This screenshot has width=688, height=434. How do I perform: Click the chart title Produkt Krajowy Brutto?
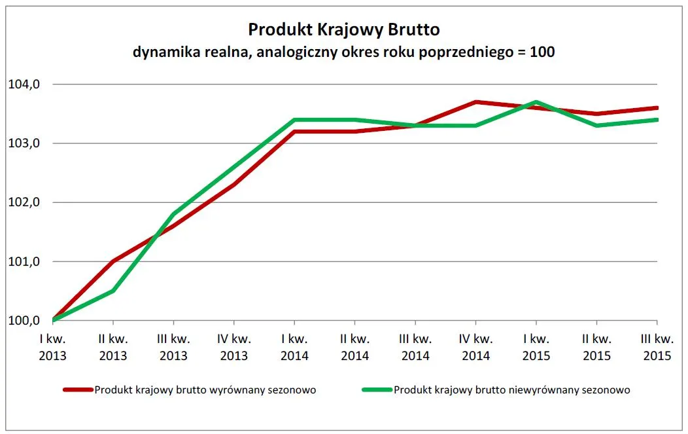(343, 29)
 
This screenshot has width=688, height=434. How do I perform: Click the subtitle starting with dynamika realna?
(343, 52)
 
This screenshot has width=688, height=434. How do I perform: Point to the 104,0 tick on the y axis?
(24, 84)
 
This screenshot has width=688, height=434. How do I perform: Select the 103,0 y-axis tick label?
(24, 143)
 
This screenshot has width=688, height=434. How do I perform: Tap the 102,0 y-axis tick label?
(24, 202)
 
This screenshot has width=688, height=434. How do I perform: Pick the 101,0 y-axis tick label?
(24, 262)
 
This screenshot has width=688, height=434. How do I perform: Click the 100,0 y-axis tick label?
(24, 321)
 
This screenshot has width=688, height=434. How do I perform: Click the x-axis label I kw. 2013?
(52, 347)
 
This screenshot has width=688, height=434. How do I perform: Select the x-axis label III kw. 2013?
(173, 347)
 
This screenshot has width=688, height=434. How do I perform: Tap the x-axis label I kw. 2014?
(294, 347)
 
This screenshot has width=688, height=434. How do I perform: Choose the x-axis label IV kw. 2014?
(475, 347)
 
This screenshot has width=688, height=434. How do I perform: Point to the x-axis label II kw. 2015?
(596, 347)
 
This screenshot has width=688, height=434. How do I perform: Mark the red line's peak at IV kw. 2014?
(476, 101)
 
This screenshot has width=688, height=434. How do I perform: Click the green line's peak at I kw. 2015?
(536, 101)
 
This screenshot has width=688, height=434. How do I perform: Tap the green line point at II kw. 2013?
(113, 291)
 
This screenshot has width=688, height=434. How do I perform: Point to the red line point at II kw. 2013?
(113, 261)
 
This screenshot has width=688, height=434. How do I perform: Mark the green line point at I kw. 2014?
(294, 120)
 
